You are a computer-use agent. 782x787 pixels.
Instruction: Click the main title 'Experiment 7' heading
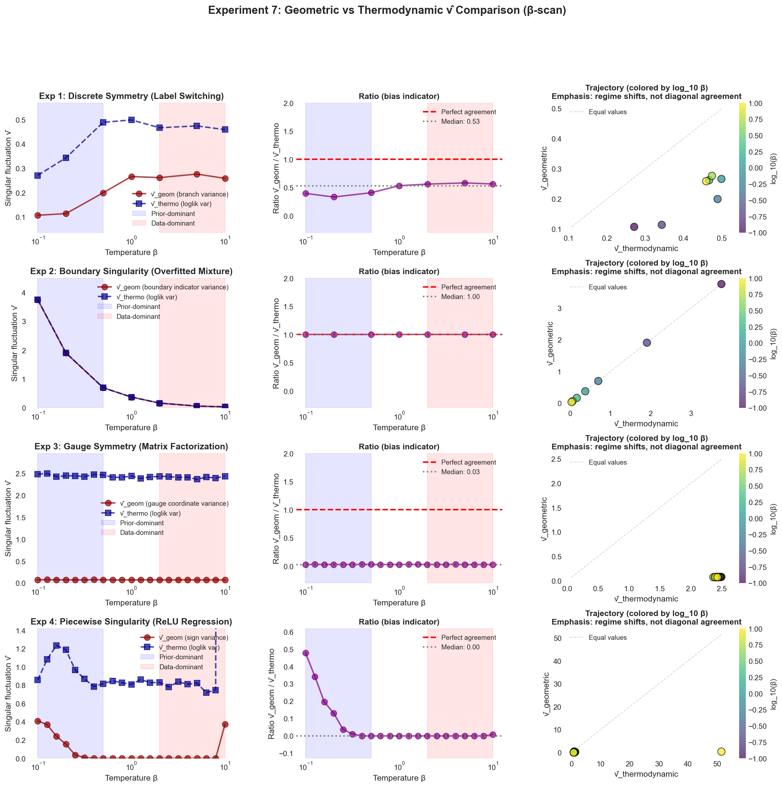387,11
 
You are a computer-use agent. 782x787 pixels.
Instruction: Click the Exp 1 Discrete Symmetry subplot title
131,96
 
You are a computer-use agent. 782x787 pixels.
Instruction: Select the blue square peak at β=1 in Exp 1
132,120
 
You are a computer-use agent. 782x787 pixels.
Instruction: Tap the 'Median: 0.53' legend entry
460,122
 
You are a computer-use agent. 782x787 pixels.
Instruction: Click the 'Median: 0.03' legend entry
460,472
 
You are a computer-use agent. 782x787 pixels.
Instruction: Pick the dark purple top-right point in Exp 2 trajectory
721,284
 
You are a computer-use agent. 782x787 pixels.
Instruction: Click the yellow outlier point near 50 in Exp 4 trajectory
721,751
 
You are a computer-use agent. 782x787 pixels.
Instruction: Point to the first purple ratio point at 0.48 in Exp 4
306,653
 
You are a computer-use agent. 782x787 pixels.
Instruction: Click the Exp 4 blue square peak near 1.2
56,645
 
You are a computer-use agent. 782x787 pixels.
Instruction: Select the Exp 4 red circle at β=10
225,724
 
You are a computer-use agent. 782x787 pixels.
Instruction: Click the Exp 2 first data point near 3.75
38,300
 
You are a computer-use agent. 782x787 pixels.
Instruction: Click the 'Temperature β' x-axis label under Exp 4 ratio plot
399,778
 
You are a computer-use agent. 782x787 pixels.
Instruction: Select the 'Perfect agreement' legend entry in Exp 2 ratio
469,287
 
